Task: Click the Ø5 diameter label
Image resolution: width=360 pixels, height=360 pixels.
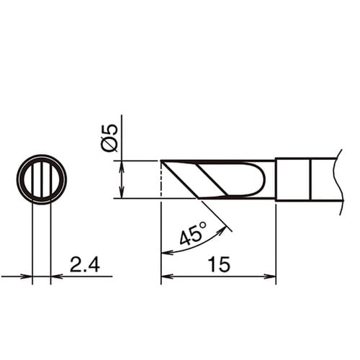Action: click(109, 138)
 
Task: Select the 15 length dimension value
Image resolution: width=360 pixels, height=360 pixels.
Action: click(219, 264)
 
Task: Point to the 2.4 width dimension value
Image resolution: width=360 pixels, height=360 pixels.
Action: click(85, 264)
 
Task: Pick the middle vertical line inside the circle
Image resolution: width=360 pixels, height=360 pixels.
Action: click(42, 179)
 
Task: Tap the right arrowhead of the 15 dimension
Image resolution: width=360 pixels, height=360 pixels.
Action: click(270, 276)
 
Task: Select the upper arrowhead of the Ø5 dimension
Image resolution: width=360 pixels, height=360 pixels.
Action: click(122, 166)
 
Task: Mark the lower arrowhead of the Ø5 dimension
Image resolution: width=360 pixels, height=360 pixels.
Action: click(122, 192)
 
